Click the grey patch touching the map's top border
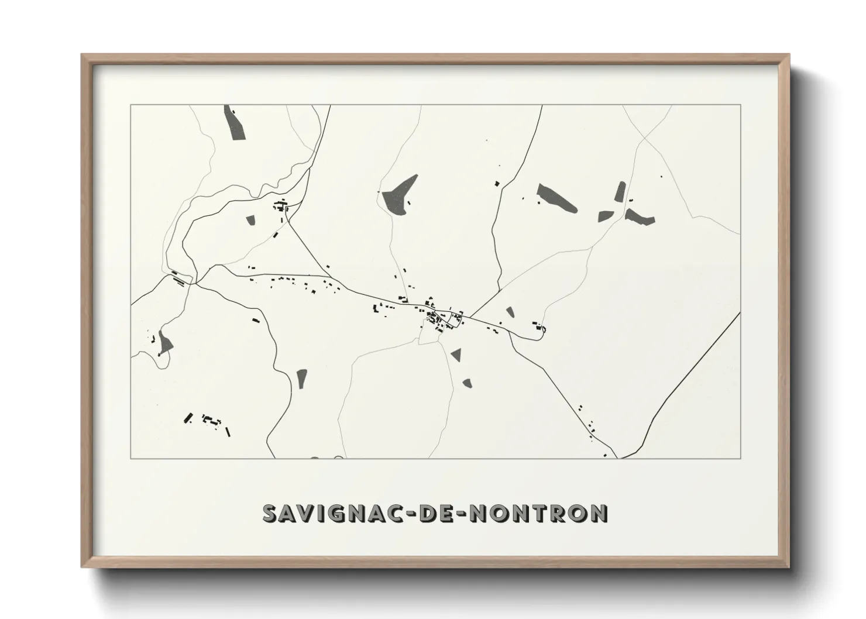pyautogui.click(x=234, y=122)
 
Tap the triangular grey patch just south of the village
pyautogui.click(x=455, y=353)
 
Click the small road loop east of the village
pyautogui.click(x=542, y=331)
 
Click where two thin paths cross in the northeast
pyautogui.click(x=644, y=137)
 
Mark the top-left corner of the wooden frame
pyautogui.click(x=83, y=55)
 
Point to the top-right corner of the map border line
pyautogui.click(x=740, y=105)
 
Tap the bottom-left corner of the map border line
pyautogui.click(x=130, y=458)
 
